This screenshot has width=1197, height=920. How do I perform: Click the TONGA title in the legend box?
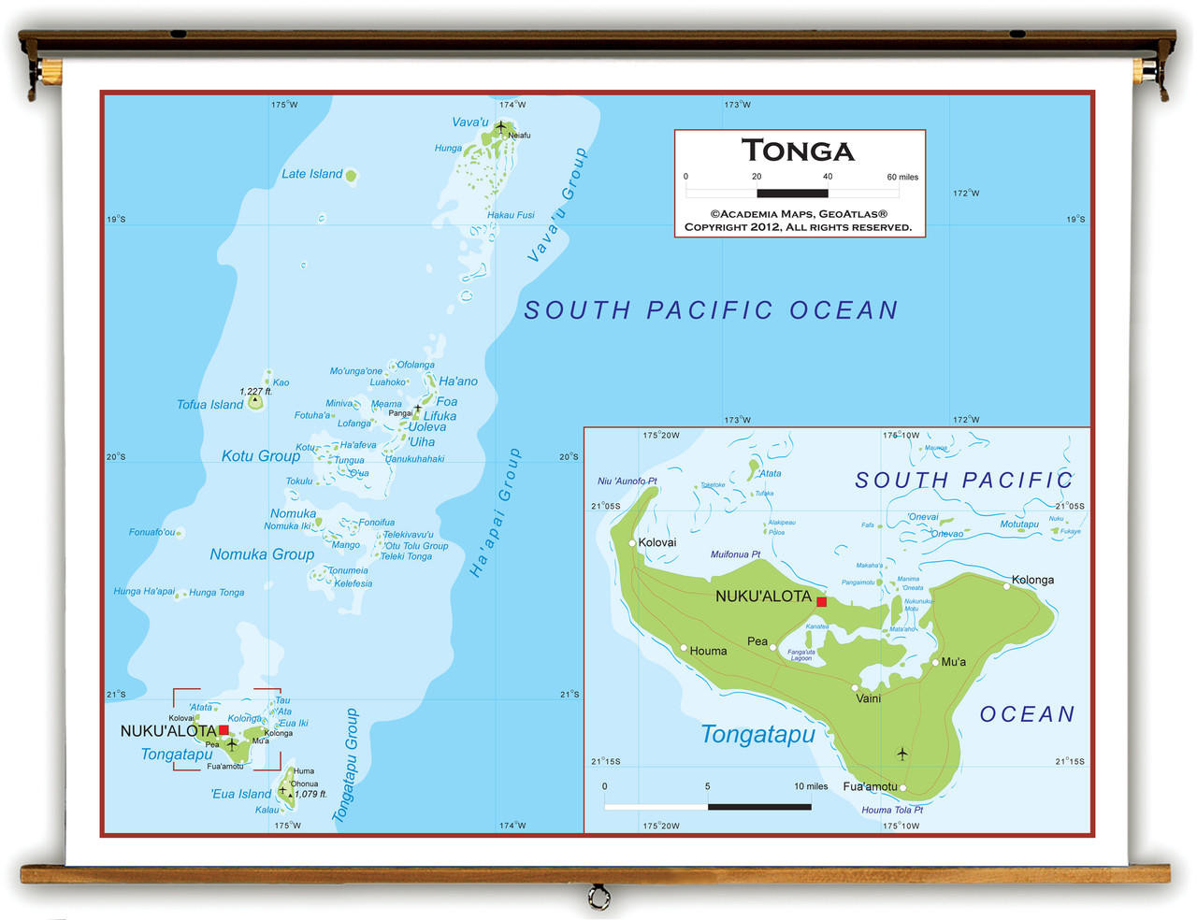tap(798, 151)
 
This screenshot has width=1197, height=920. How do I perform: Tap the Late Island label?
tap(312, 174)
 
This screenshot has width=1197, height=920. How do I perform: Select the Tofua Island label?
tap(209, 405)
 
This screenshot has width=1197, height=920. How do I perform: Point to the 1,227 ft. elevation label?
tap(255, 392)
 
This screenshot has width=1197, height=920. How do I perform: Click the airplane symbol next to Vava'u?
tap(501, 126)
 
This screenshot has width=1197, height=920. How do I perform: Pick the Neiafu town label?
tap(519, 136)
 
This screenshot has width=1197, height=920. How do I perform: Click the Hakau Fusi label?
tap(511, 215)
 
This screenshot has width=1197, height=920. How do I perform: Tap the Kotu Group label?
tap(260, 456)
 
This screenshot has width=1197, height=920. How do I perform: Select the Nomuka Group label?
tap(262, 554)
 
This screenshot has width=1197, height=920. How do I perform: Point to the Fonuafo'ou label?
tap(151, 532)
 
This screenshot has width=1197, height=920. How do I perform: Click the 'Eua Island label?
tap(240, 794)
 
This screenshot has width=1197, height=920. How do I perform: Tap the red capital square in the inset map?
tap(821, 602)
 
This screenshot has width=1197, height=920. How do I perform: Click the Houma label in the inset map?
tap(708, 651)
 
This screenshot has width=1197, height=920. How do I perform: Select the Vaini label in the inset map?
tap(868, 698)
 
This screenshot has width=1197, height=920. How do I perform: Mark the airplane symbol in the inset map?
tap(901, 754)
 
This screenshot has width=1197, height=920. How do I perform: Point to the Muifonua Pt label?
tap(735, 554)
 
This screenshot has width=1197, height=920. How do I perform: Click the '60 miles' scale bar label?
tap(902, 177)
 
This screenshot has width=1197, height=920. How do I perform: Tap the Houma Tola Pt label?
tap(891, 810)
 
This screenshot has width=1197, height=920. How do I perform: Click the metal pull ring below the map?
tap(598, 898)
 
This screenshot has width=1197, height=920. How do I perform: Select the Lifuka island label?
tap(440, 416)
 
